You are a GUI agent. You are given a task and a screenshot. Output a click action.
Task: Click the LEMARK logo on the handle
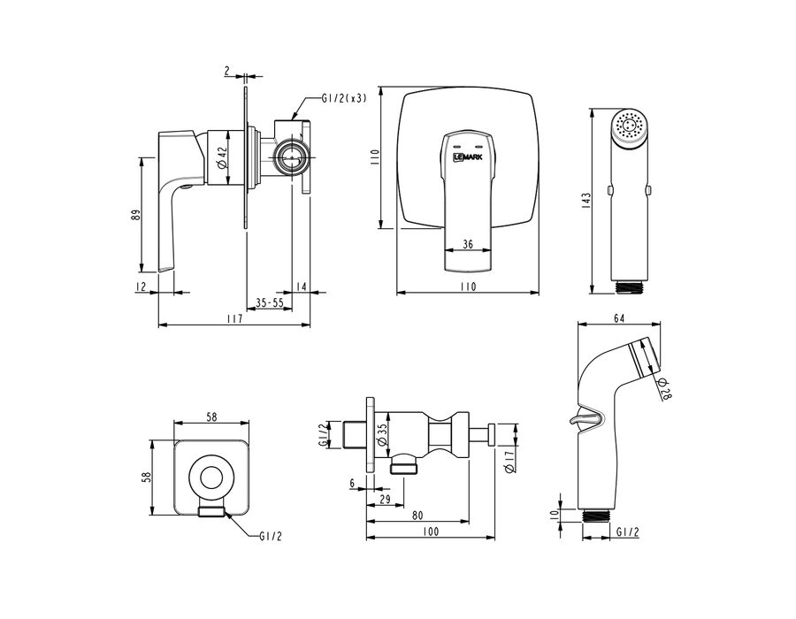point(468,157)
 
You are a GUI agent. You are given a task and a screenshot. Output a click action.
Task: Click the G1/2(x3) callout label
point(344,98)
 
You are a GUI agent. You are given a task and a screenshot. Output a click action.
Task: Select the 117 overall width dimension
point(234,318)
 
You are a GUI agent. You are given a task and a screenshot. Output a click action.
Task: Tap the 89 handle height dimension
point(135,215)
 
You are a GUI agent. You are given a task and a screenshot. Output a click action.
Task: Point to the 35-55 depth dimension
point(269,303)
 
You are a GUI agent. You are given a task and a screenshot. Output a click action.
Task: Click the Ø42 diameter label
point(221,157)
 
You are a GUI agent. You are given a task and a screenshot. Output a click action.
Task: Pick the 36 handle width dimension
point(468,245)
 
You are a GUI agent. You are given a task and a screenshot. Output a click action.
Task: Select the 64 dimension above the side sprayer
point(619,318)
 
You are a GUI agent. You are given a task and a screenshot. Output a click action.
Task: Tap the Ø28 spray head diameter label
point(664,389)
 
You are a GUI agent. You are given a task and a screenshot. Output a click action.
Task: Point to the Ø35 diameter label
point(383,434)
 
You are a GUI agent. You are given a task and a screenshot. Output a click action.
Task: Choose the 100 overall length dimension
point(430,531)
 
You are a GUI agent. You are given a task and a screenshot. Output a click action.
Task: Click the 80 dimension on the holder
point(417,516)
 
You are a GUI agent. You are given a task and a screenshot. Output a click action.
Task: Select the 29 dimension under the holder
point(385,500)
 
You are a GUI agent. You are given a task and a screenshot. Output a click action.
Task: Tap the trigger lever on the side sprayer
point(586,417)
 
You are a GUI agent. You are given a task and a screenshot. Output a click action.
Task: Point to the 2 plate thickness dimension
point(226,71)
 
